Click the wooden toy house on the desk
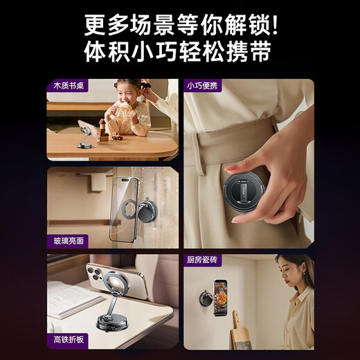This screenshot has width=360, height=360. [104, 130]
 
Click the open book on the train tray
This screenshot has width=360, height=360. [69, 298]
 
